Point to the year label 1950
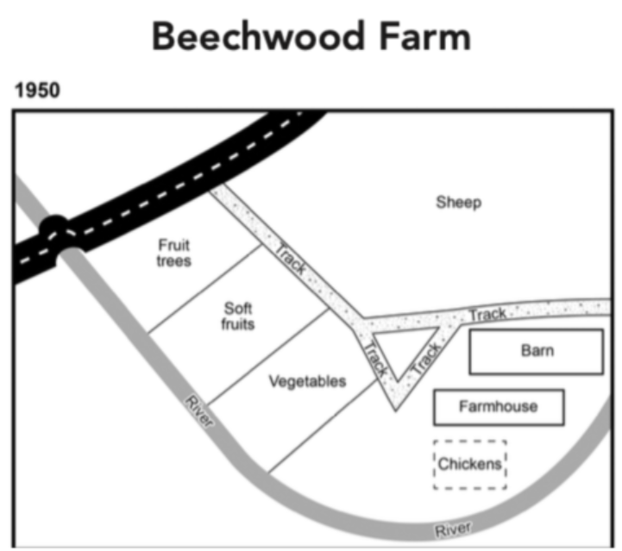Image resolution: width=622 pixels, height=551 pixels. point(37,91)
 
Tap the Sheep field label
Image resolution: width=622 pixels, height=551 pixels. point(458,203)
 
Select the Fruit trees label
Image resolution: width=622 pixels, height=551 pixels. point(174,252)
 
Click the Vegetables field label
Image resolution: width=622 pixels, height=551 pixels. point(306,381)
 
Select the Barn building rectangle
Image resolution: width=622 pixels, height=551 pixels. point(536,352)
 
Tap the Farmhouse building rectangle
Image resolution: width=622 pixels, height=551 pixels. point(499,407)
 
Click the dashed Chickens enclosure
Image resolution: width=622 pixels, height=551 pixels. point(469,465)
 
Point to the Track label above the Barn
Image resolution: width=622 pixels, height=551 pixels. point(487,314)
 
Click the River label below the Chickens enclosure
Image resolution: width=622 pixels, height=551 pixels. point(454,528)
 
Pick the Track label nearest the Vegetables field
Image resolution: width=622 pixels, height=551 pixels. point(374,359)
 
